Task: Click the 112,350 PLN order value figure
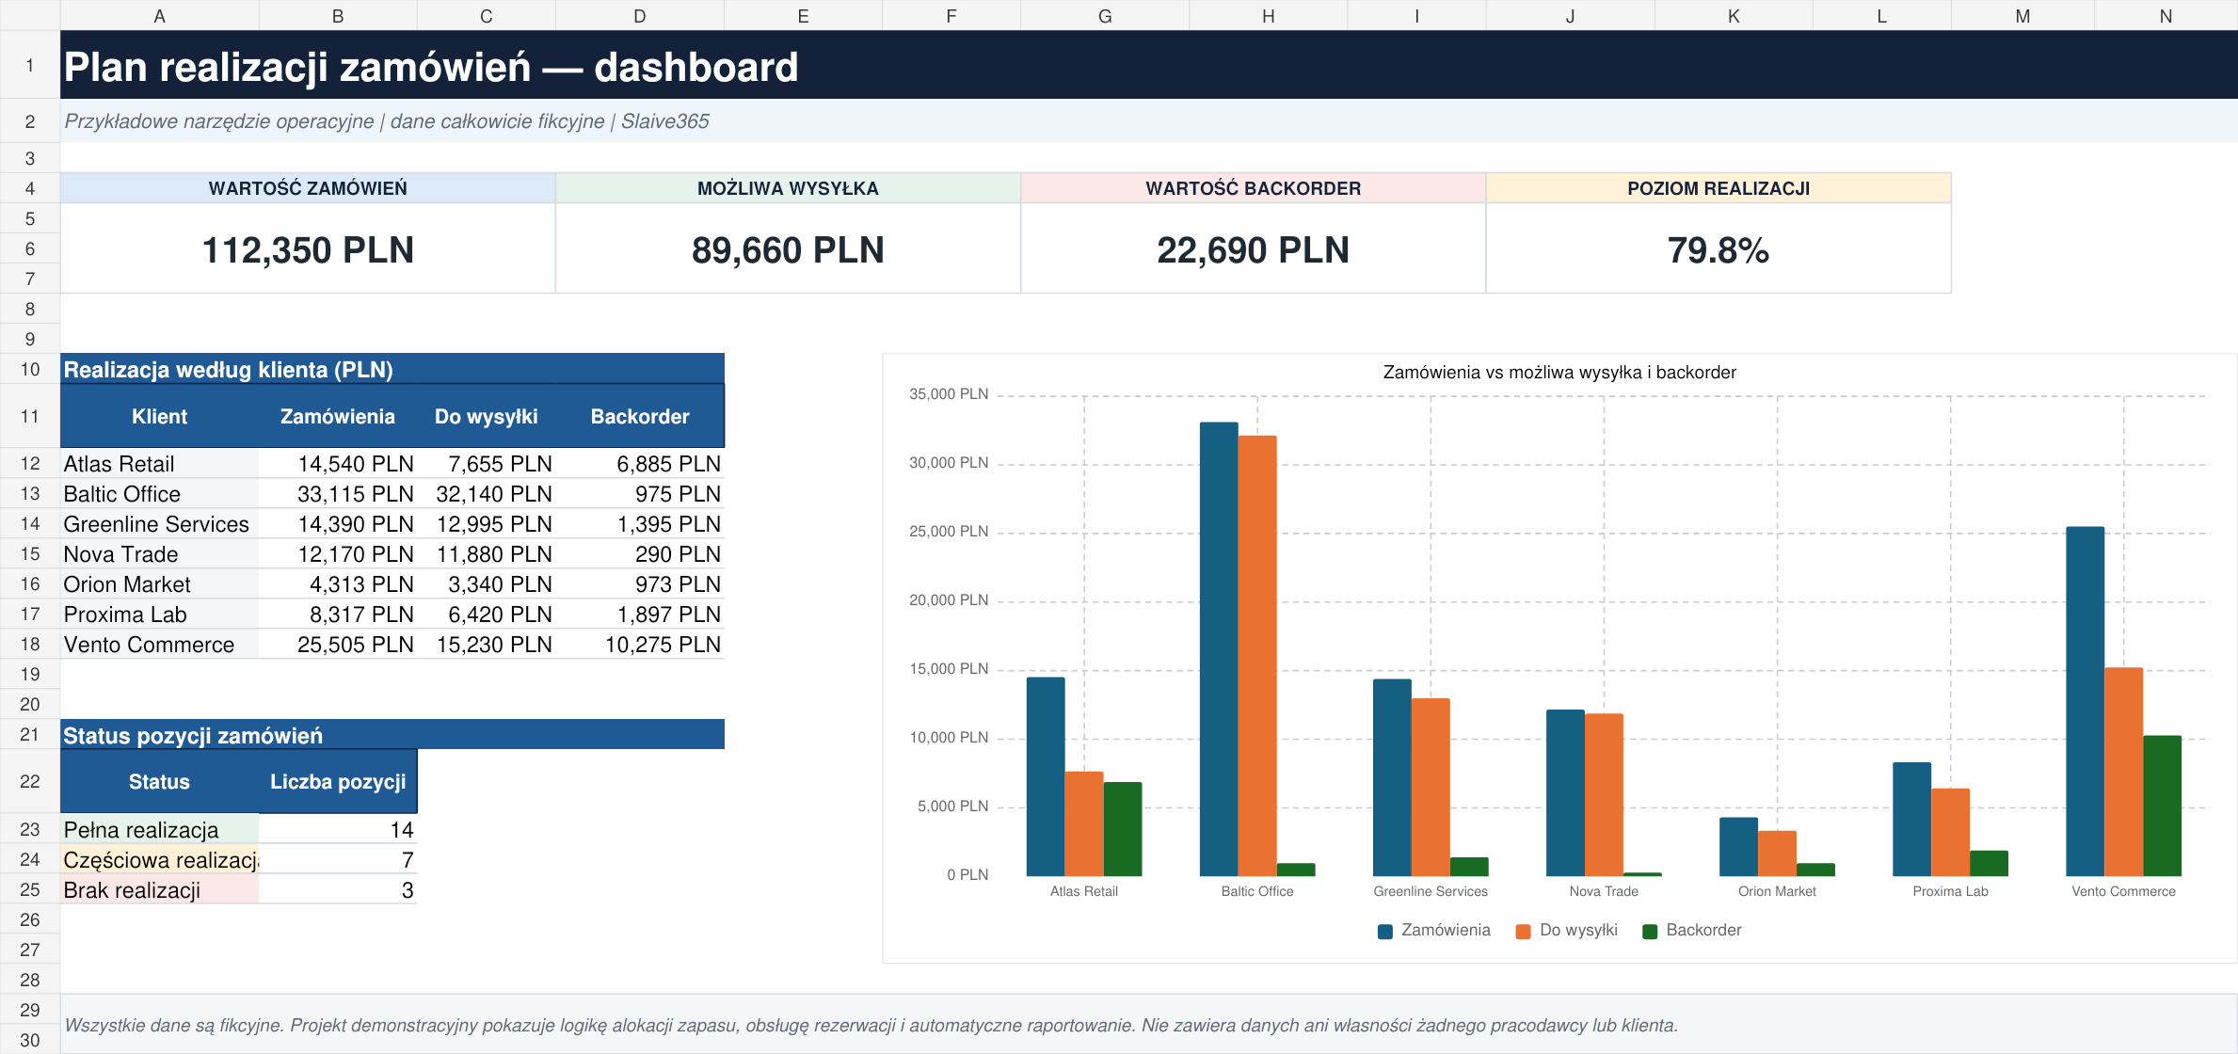pyautogui.click(x=308, y=250)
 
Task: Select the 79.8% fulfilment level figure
pyautogui.click(x=1718, y=250)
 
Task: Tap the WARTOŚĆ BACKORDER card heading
pyautogui.click(x=1253, y=188)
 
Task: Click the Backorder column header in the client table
pyautogui.click(x=640, y=416)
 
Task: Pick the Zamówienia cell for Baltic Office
pyautogui.click(x=356, y=494)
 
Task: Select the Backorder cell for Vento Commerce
pyautogui.click(x=663, y=645)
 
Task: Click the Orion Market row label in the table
pyautogui.click(x=127, y=584)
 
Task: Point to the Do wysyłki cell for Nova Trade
pyautogui.click(x=494, y=554)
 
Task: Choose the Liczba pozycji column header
pyautogui.click(x=338, y=781)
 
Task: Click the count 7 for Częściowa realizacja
pyautogui.click(x=408, y=860)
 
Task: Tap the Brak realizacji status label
pyautogui.click(x=132, y=890)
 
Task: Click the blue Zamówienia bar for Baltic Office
pyautogui.click(x=1219, y=649)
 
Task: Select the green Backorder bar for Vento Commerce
pyautogui.click(x=2162, y=806)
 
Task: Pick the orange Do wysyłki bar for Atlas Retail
pyautogui.click(x=1084, y=823)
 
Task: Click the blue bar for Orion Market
pyautogui.click(x=1738, y=847)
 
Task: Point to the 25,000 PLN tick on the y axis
pyautogui.click(x=949, y=532)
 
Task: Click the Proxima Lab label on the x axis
pyautogui.click(x=1950, y=891)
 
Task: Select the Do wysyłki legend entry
pyautogui.click(x=1567, y=930)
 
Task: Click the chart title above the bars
pyautogui.click(x=1559, y=372)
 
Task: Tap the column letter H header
pyautogui.click(x=1269, y=16)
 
